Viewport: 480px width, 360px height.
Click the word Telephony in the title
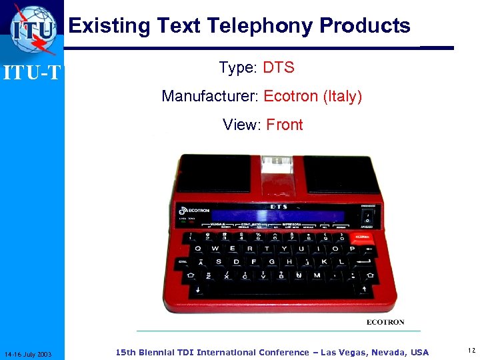(260, 26)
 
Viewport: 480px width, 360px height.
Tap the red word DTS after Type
(279, 68)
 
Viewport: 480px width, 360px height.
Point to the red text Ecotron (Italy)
(313, 97)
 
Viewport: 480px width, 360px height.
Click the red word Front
(284, 125)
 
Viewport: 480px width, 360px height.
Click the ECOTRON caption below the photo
(385, 322)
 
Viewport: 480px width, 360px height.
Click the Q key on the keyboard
(196, 249)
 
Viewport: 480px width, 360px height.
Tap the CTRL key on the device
(183, 262)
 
